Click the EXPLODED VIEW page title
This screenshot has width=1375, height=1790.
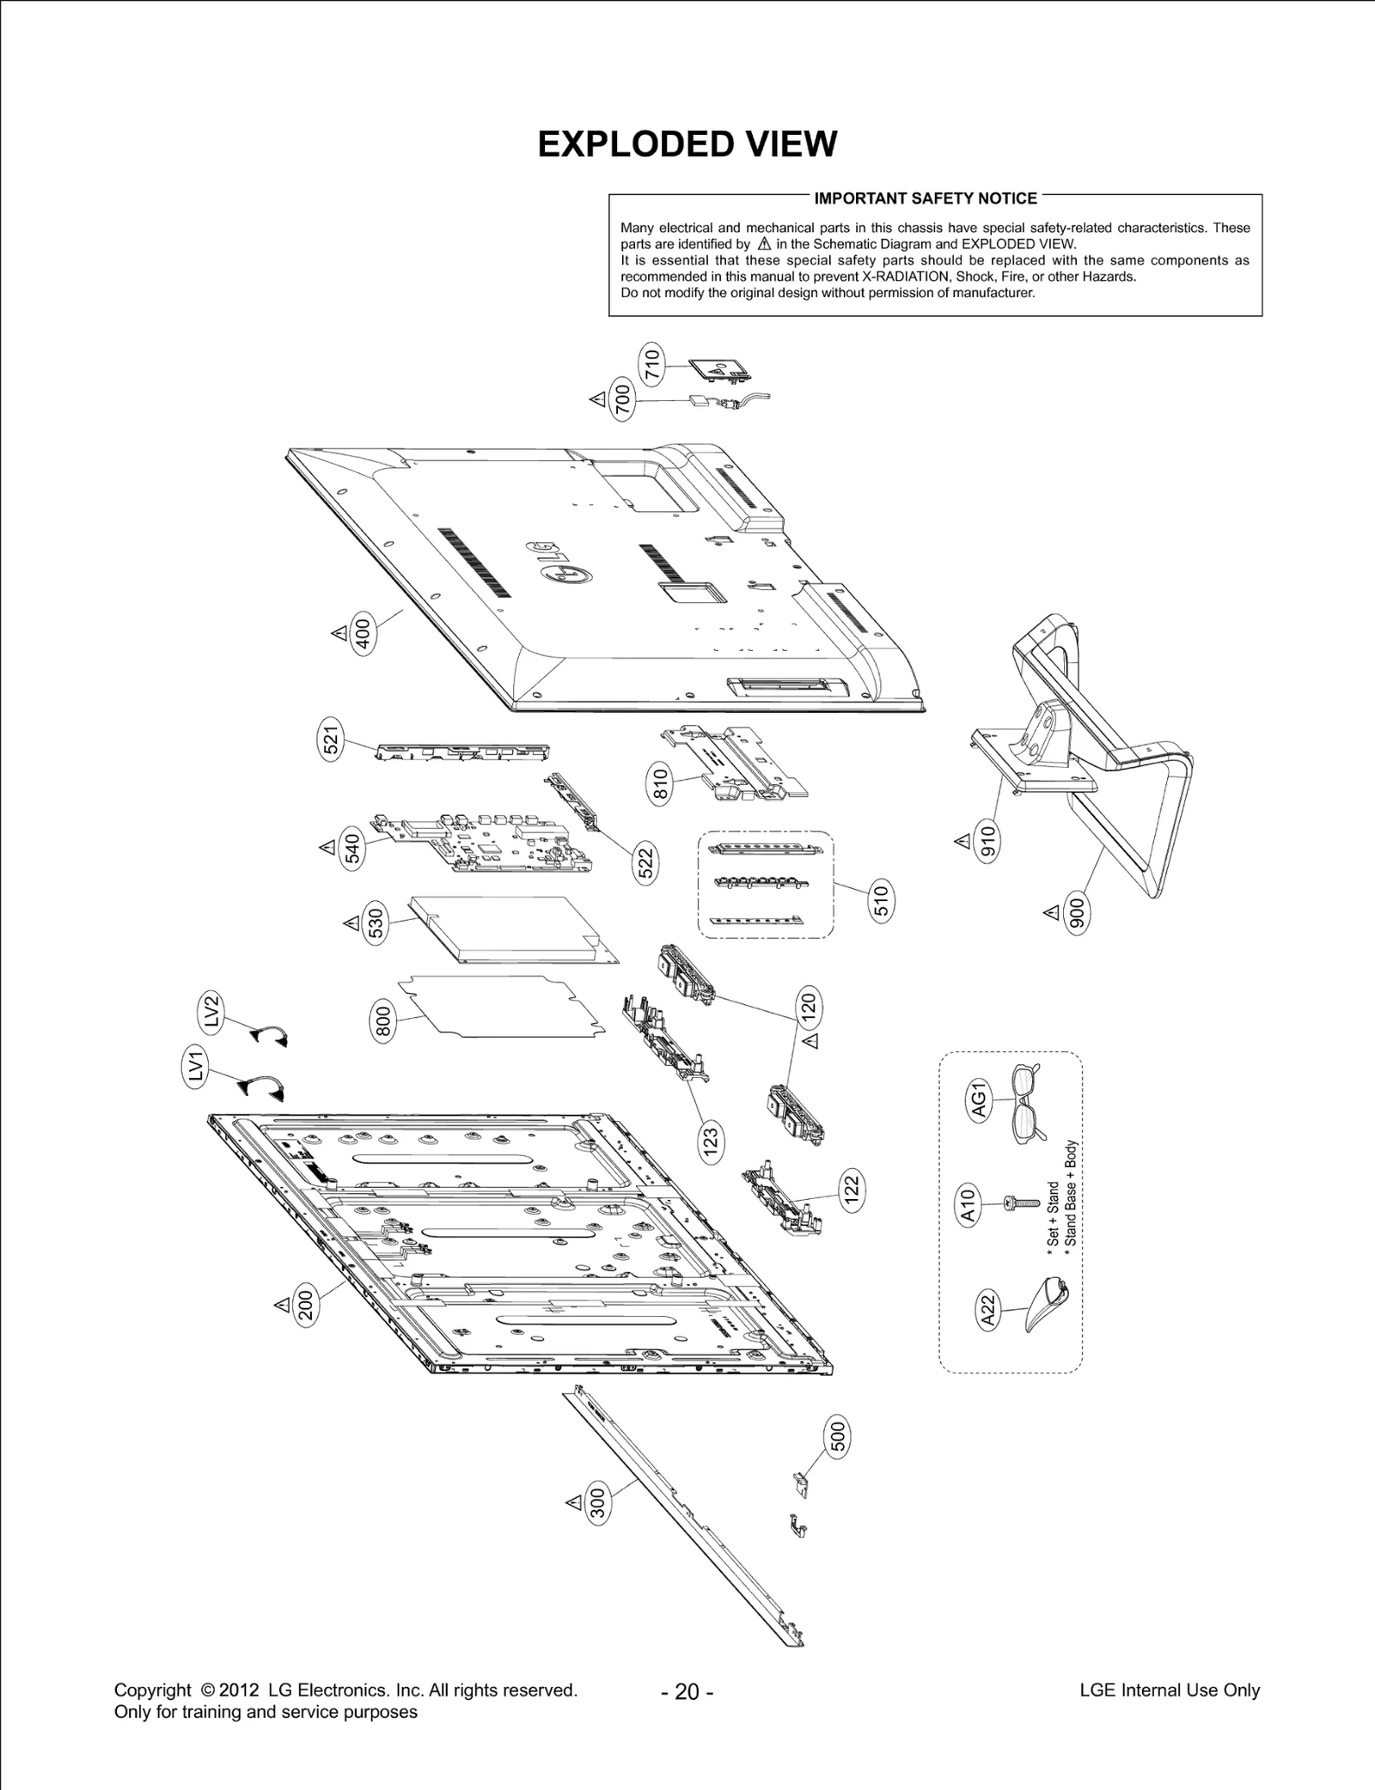[687, 144]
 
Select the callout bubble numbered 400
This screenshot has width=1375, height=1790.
[364, 636]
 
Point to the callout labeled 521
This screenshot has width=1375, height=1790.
[332, 740]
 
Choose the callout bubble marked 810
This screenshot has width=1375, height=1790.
[659, 785]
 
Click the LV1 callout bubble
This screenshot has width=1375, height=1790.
[198, 1069]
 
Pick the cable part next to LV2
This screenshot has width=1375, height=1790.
[269, 1035]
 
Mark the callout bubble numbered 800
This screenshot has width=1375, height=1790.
[383, 1022]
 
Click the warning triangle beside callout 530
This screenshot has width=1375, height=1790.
[351, 922]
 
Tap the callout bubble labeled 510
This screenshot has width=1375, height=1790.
[882, 901]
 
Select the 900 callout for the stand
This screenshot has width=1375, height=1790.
[1077, 912]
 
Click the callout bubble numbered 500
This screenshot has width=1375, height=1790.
[839, 1438]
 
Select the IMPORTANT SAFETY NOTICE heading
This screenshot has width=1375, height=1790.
[925, 198]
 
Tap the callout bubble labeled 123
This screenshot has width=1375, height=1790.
[710, 1145]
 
